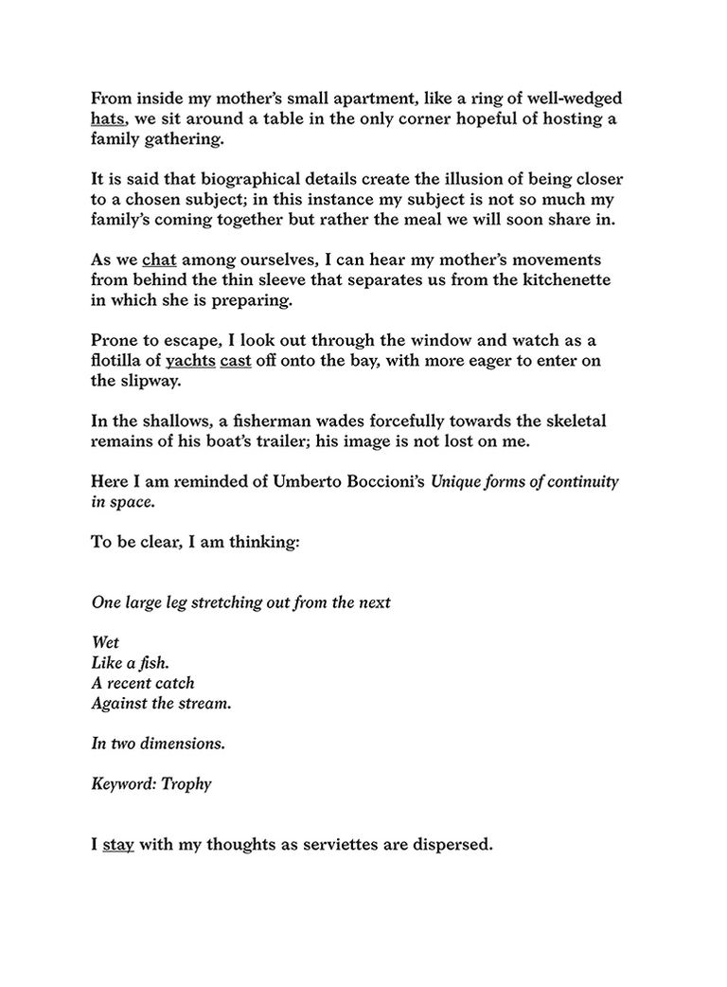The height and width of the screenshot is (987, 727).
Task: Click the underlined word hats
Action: [x=108, y=120]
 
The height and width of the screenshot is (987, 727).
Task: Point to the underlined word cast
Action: [x=235, y=361]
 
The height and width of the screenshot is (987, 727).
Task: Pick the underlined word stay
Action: [x=118, y=843]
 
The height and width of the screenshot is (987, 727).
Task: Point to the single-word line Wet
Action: [x=105, y=643]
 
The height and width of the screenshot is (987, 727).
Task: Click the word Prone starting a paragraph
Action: [x=114, y=340]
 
